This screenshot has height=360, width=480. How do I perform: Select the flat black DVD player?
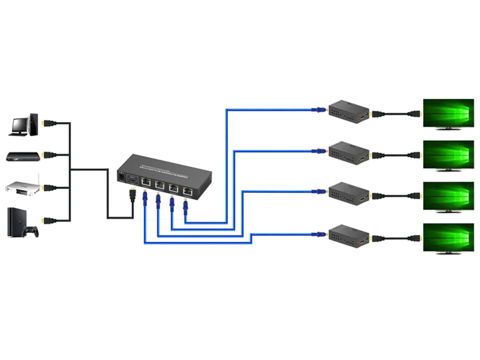pyautogui.click(x=23, y=156)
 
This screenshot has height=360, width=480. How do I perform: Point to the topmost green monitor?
pyautogui.click(x=448, y=113)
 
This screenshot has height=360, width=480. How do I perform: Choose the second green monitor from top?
pyautogui.click(x=448, y=155)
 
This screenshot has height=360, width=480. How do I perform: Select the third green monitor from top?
pyautogui.click(x=448, y=196)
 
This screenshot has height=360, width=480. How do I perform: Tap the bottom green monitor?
pyautogui.click(x=448, y=238)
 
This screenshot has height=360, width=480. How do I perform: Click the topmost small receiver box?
pyautogui.click(x=348, y=111)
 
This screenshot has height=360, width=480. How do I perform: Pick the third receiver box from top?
pyautogui.click(x=348, y=193)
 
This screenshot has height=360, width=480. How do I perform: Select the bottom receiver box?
pyautogui.click(x=348, y=236)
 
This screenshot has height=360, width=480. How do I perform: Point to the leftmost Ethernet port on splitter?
pyautogui.click(x=146, y=182)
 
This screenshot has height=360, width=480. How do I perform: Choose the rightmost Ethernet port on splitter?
pyautogui.click(x=186, y=190)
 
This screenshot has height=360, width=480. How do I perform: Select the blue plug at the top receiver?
pyautogui.click(x=319, y=109)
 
